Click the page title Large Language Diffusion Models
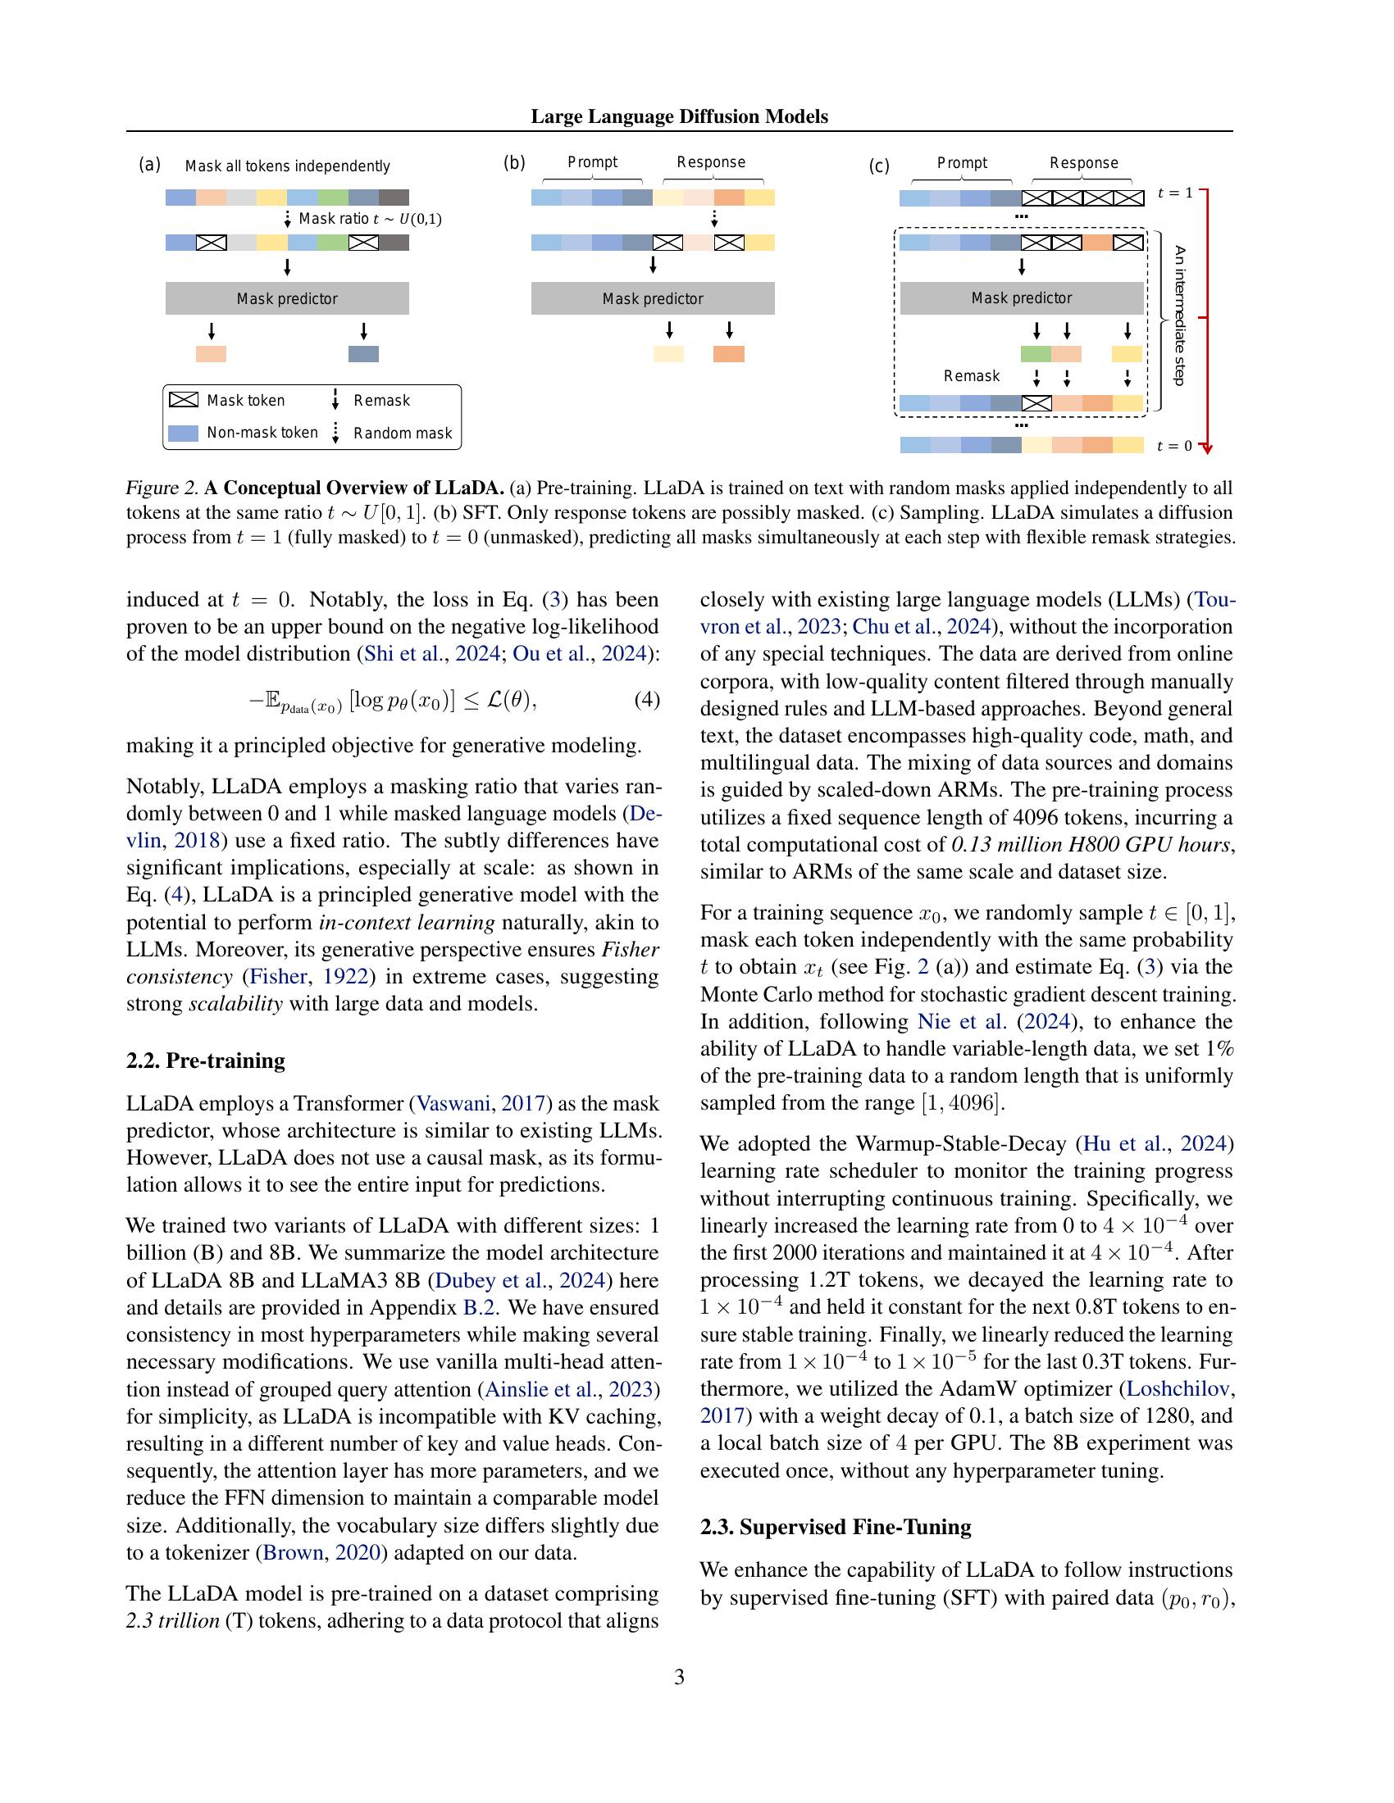point(679,116)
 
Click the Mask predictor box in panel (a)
point(286,298)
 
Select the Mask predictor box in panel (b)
point(653,298)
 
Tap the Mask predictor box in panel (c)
point(1021,297)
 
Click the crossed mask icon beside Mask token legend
point(184,400)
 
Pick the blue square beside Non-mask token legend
point(184,433)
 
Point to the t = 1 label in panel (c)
point(1174,193)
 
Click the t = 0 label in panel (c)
point(1174,446)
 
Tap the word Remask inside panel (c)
point(971,375)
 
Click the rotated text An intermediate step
point(1179,316)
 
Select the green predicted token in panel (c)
point(1036,354)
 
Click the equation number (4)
point(647,700)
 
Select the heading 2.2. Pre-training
point(206,1060)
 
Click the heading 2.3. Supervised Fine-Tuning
point(835,1528)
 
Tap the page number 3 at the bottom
point(679,1677)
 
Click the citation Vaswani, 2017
point(481,1104)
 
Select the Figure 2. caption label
point(162,488)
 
